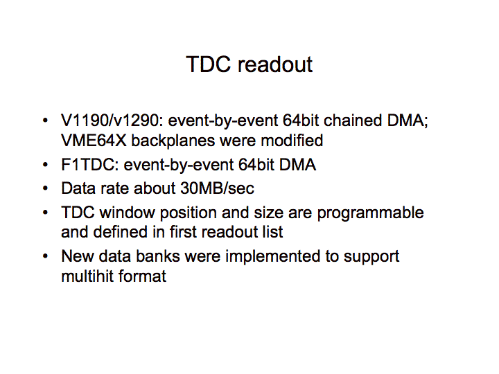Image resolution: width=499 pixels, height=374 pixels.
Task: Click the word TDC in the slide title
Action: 208,64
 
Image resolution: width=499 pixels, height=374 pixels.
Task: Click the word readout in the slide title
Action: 275,64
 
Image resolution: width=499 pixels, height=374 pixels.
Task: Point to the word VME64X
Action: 94,141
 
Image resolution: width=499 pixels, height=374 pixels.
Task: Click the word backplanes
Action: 173,141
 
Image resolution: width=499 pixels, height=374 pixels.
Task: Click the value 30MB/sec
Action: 217,188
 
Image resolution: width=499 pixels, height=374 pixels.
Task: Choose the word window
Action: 127,213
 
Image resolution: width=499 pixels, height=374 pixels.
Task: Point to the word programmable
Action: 370,213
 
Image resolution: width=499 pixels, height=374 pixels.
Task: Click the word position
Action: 188,213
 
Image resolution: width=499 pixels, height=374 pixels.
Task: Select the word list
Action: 272,232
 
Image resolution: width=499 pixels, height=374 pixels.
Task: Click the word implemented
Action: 273,257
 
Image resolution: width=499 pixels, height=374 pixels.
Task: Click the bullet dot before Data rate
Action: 46,188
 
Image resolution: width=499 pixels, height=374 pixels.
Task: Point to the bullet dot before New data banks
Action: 46,256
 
